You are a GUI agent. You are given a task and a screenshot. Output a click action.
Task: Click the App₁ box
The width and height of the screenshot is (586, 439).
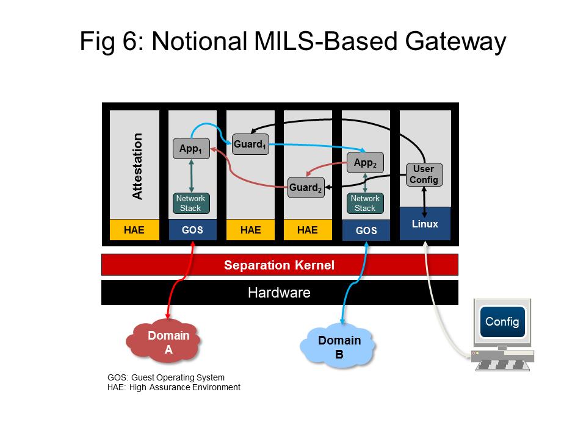point(191,148)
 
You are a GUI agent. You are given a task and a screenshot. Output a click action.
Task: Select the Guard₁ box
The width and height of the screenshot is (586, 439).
point(250,145)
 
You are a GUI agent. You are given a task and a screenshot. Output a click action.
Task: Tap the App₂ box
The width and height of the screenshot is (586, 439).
point(365,163)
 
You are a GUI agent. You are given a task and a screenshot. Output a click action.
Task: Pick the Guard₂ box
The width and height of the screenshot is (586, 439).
point(306,187)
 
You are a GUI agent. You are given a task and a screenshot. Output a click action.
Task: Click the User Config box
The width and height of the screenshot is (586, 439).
point(424,174)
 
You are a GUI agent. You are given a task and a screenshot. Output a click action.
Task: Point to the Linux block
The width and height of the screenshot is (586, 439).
point(425,224)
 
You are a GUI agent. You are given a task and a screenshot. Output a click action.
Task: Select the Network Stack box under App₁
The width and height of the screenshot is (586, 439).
point(190,203)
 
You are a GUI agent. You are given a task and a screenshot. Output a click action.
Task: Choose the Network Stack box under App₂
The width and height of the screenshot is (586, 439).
point(365,203)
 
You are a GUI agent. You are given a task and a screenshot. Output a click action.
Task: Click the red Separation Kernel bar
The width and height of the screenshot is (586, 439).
point(280,265)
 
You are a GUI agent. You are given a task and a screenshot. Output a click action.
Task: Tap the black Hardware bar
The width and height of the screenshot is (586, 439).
point(280,293)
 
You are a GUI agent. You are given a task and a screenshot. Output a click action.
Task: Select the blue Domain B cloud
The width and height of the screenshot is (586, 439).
point(338,346)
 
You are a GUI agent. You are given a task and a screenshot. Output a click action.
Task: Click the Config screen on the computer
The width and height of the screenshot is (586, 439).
point(502,322)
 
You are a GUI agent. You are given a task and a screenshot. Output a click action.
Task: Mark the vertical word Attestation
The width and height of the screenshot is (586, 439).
point(137,166)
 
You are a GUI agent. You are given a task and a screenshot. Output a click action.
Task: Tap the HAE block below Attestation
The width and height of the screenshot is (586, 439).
point(134,230)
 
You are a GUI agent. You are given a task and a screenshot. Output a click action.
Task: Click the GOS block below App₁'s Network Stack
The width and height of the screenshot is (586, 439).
point(192,230)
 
